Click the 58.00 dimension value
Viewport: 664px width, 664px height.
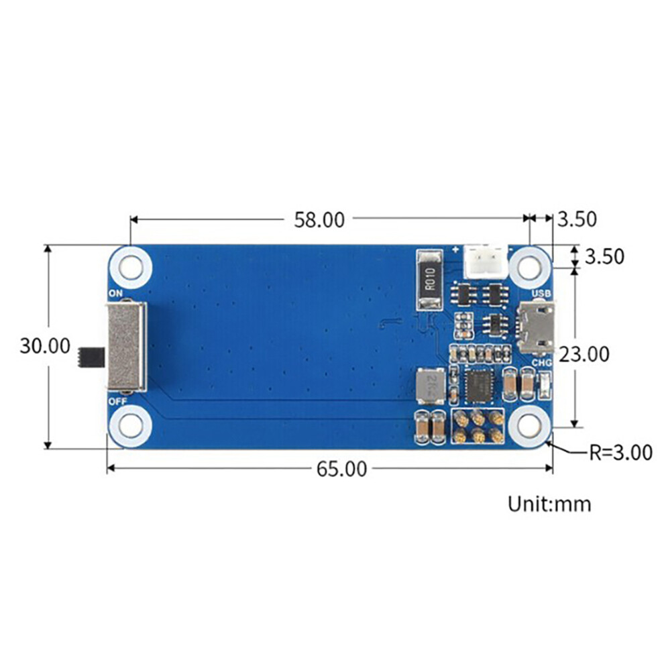tap(319, 220)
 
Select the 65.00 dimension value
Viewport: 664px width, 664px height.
tap(342, 469)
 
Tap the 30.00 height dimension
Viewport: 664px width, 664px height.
tap(45, 346)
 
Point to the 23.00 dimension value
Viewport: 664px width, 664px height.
tap(584, 354)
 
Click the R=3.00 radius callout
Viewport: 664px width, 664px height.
tap(621, 453)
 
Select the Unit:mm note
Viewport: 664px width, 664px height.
tap(549, 504)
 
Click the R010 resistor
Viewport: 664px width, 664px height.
tap(429, 280)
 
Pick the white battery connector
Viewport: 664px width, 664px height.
tap(486, 262)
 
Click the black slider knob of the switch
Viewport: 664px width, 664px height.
tap(91, 357)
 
